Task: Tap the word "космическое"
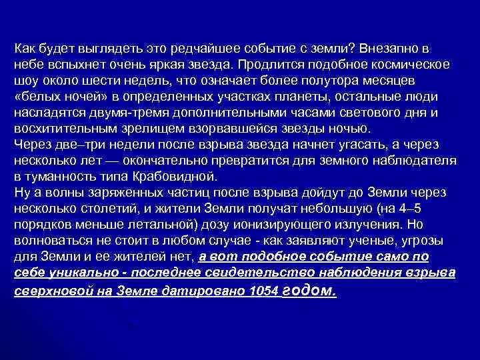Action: [413, 65]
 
